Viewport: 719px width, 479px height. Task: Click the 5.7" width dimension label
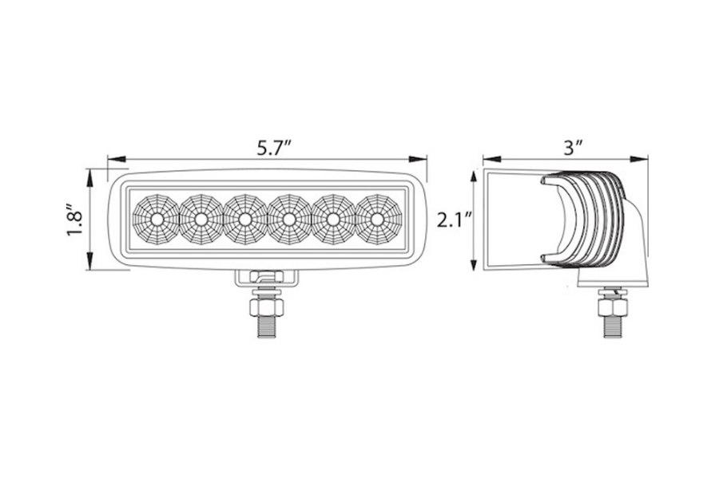click(x=273, y=148)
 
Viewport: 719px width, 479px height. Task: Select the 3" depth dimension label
click(x=572, y=147)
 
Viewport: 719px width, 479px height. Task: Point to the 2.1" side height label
click(x=454, y=219)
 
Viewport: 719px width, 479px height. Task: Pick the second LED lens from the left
click(x=201, y=219)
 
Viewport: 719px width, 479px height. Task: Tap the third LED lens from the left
click(x=244, y=219)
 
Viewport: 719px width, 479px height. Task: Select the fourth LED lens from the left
click(x=288, y=219)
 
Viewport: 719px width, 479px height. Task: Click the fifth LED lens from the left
click(x=332, y=219)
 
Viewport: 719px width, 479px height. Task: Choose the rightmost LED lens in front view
click(x=375, y=219)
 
